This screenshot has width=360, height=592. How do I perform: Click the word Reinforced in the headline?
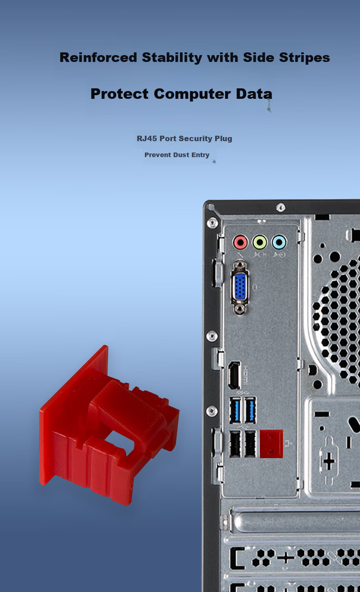pos(98,57)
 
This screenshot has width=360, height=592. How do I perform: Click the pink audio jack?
pos(240,242)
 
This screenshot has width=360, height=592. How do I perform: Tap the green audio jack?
pos(260,242)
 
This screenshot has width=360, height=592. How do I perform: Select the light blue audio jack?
pos(279,242)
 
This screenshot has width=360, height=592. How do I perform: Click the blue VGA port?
pos(240,287)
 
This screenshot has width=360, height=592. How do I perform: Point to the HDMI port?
pos(234,375)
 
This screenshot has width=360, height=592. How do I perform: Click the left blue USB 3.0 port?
pos(235,410)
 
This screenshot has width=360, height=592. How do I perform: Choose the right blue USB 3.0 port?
pos(250,410)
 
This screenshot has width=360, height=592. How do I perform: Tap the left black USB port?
pos(235,444)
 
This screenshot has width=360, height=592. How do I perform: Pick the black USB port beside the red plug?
pos(250,444)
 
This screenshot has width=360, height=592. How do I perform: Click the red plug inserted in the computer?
pos(272,444)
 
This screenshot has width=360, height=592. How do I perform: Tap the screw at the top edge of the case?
pos(281,208)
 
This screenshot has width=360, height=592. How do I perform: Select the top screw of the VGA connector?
pos(240,265)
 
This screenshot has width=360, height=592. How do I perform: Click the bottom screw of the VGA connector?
pos(240,308)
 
